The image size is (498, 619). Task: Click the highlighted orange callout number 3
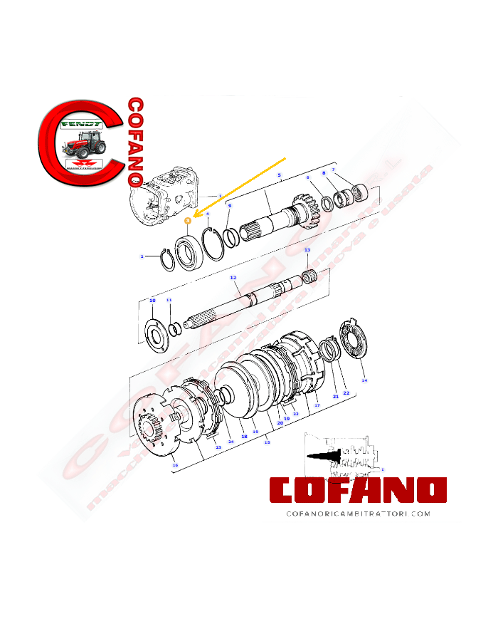coord(187,222)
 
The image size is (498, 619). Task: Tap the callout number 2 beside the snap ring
coord(142,256)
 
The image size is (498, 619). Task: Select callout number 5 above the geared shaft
coord(279,175)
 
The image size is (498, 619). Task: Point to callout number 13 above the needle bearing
coord(307,251)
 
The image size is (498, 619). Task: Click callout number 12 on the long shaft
coord(233,277)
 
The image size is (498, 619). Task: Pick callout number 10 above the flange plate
coord(152,301)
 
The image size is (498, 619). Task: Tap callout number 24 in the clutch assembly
coord(231,442)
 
